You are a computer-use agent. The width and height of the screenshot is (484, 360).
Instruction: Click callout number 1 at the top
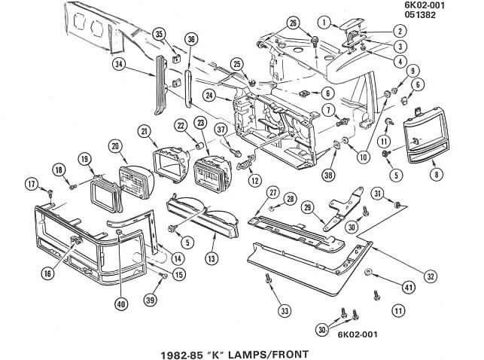point(323,22)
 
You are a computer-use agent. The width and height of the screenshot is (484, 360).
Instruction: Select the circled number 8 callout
point(434,174)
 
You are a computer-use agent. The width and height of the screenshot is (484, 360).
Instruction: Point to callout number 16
point(48,274)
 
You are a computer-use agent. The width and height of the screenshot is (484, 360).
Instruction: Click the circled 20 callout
point(114,145)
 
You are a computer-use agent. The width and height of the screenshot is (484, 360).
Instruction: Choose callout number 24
point(209,96)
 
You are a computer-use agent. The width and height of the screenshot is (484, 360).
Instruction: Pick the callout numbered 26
point(293,23)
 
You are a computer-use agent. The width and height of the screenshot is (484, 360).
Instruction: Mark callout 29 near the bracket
point(307,206)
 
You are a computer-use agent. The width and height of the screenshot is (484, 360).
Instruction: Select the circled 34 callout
point(119,65)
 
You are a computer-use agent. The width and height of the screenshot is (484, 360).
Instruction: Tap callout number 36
point(190,39)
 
